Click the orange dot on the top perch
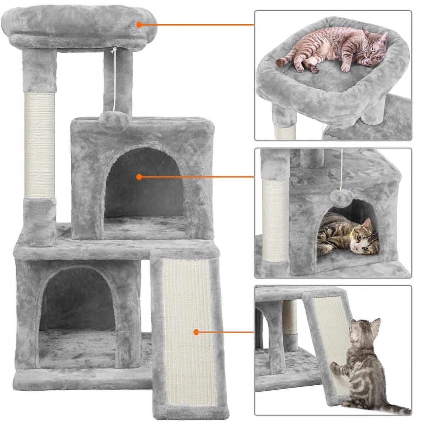[x=139, y=25]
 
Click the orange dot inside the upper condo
[x=139, y=176]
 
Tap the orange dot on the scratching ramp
[x=196, y=332]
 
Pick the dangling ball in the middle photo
[x=339, y=199]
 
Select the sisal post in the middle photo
[x=276, y=220]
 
